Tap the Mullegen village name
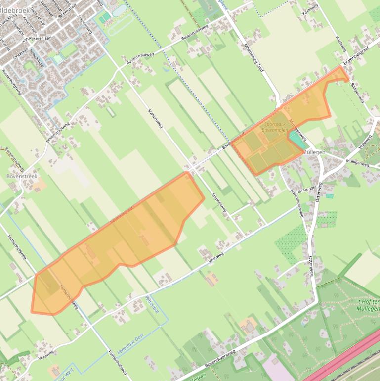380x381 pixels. coord(314,152)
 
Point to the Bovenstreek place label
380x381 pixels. coord(22,176)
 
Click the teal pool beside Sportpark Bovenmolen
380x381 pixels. coord(296,140)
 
